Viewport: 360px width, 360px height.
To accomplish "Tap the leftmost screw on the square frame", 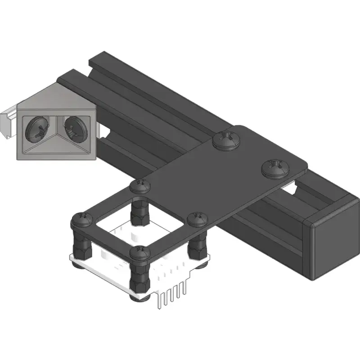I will click(82, 220).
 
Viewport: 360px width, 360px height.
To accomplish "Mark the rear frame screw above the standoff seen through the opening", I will click(140, 185).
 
